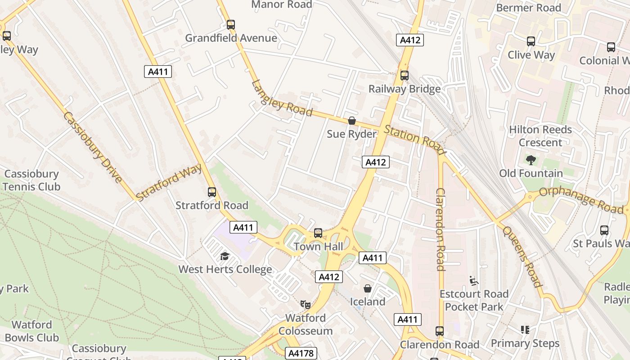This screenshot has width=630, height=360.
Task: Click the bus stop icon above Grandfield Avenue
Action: point(231,25)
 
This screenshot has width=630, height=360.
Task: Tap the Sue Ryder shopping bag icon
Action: point(352,121)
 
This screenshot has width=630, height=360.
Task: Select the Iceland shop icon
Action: point(368,288)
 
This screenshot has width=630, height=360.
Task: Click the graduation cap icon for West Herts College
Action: point(225,256)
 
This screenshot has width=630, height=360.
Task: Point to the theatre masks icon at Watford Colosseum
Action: point(306,305)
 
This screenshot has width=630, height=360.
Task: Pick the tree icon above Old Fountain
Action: point(531,160)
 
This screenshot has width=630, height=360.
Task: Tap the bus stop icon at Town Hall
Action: point(318,233)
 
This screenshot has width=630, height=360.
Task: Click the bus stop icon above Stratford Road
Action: point(212,192)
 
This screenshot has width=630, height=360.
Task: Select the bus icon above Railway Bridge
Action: point(405,76)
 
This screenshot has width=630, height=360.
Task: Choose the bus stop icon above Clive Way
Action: point(531,41)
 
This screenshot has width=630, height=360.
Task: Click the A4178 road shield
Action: point(301,353)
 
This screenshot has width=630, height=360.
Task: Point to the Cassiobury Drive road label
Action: point(93,147)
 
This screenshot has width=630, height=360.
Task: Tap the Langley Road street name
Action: point(282,98)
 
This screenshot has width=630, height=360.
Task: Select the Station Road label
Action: point(414,138)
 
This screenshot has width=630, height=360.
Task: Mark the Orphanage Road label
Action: point(580,199)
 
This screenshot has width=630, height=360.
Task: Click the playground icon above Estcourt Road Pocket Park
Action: point(473,281)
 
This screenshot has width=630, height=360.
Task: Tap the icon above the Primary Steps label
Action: point(525,330)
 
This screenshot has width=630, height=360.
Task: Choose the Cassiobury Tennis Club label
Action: point(31,180)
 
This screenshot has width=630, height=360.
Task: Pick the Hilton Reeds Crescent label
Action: point(540,136)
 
